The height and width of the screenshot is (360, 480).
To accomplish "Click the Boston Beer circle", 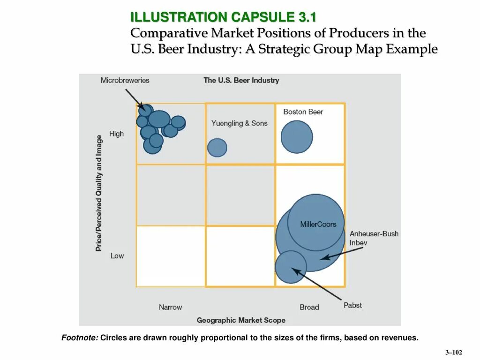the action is point(297,137).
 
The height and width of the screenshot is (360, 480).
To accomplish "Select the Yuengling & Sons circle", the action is point(217,147).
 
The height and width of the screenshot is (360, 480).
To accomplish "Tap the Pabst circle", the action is point(291,267).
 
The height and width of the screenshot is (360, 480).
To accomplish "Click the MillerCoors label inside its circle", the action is point(318,225).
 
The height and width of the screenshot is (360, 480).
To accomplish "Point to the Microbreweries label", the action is point(125,80).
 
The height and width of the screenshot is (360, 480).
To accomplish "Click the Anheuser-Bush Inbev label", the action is point(374,238).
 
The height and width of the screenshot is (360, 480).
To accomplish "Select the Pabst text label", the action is point(352,305).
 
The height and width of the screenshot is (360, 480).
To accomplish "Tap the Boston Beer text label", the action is point(303,112).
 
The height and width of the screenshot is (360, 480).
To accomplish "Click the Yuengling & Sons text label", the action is point(239,123).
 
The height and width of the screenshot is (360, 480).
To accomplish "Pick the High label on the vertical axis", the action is point(116,134).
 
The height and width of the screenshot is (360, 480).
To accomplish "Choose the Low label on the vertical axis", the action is point(117,255).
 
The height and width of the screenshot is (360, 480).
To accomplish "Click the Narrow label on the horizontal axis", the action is point(170,307).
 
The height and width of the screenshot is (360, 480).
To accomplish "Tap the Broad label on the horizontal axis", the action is point(309,307).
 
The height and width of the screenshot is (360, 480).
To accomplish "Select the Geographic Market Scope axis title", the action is point(241,320).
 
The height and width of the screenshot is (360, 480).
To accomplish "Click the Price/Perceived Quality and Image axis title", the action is point(99,193).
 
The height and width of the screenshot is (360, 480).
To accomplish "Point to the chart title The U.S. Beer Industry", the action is point(241,80).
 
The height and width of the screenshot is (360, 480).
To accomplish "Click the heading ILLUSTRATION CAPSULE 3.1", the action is point(223,17).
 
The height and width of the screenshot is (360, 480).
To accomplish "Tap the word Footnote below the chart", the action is point(80,337).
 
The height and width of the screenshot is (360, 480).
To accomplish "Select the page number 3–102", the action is point(453,352).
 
